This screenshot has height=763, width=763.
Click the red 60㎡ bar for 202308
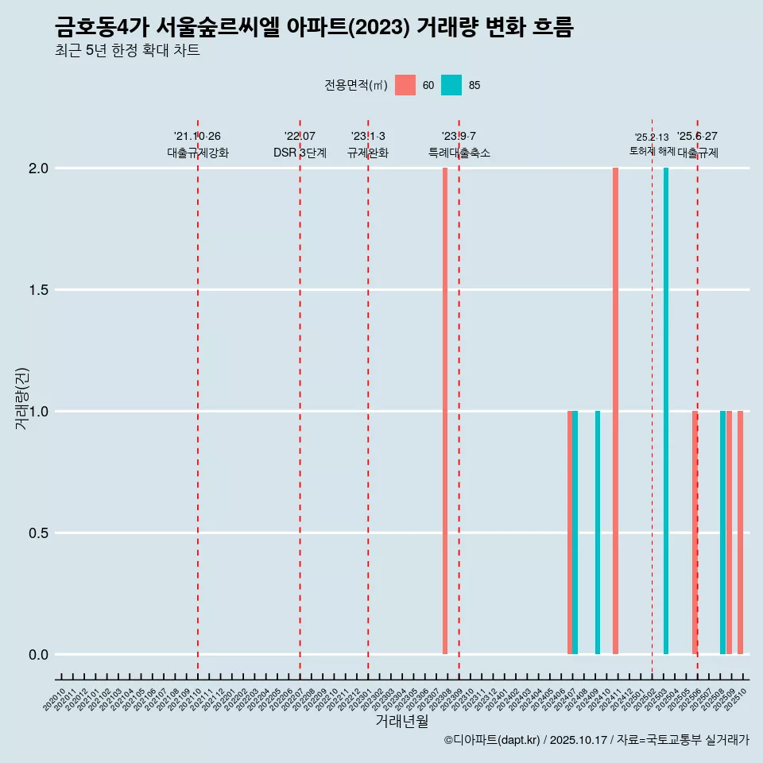[445, 411]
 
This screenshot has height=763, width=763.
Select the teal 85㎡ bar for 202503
[666, 411]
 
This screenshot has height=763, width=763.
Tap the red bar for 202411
[615, 411]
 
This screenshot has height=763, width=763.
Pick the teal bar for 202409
[598, 533]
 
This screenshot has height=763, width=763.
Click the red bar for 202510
[740, 533]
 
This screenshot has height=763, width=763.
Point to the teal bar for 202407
[575, 533]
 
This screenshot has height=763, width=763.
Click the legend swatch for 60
[405, 85]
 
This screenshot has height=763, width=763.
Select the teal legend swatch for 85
[451, 85]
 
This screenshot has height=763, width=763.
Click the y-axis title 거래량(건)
[22, 399]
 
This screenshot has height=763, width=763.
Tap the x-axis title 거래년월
[401, 722]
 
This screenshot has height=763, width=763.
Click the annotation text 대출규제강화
[198, 153]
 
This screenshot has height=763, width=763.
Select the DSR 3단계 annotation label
[300, 153]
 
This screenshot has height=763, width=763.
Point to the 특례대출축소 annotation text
[459, 153]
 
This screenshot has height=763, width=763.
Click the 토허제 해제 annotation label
[652, 151]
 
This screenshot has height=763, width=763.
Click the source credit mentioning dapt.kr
[596, 740]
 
